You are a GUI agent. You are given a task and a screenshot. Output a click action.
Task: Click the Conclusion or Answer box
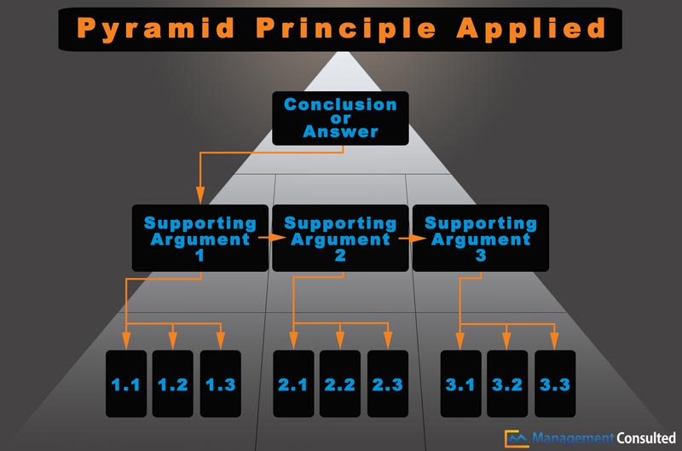340,118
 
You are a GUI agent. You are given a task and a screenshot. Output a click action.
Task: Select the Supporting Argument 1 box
199,237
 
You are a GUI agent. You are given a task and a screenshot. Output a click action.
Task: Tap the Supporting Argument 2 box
340,237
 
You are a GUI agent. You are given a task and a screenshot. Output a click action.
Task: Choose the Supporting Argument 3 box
481,237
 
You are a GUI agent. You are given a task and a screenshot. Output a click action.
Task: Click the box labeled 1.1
125,384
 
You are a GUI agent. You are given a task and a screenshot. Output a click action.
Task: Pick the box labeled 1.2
172,384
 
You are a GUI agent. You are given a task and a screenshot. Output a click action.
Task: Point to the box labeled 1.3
220,384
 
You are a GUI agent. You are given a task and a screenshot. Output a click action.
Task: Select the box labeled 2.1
292,384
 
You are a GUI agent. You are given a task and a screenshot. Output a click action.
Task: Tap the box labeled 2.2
340,384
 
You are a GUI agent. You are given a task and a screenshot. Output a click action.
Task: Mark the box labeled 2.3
387,384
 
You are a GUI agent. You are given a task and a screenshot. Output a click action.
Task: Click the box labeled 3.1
459,384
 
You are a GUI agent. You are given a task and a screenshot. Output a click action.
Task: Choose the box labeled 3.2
506,384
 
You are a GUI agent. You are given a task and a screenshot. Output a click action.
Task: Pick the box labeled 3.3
554,384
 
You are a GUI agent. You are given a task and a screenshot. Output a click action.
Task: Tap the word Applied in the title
532,27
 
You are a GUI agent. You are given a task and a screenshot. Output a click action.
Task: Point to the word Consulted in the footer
645,438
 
